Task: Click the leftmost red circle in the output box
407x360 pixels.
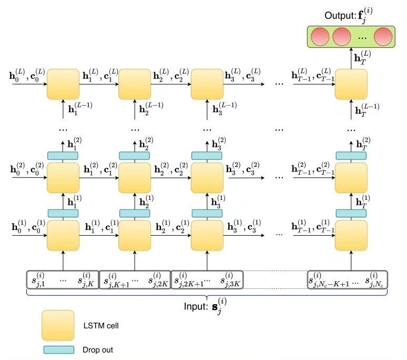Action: click(x=320, y=37)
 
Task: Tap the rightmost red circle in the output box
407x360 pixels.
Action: click(x=383, y=37)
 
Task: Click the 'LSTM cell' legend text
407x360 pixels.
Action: click(x=101, y=326)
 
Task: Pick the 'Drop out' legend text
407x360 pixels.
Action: click(x=98, y=349)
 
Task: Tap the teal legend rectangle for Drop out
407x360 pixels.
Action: click(x=57, y=349)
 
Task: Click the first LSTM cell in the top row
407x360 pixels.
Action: click(x=63, y=84)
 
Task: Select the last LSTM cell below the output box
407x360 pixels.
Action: click(x=351, y=84)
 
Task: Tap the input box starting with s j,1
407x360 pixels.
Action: click(x=63, y=279)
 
